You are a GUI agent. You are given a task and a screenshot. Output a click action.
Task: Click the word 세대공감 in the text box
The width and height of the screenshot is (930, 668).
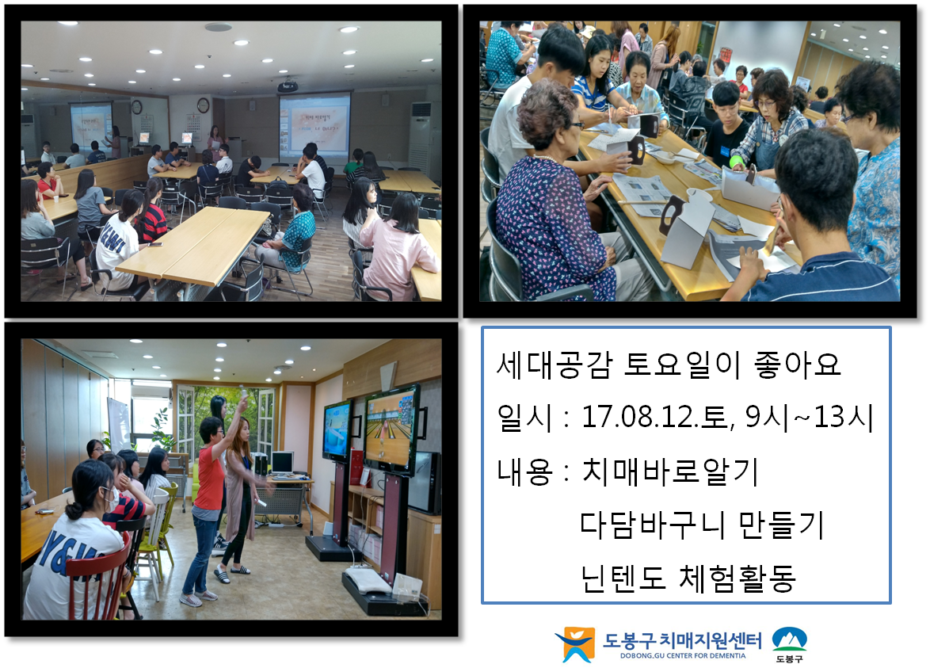point(554,365)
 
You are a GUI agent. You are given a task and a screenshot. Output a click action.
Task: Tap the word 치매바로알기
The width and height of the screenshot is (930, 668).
point(670,471)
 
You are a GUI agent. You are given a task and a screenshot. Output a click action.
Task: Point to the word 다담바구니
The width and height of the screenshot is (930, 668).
point(650,525)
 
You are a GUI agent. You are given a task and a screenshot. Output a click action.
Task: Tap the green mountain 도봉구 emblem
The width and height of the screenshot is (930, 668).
point(790,639)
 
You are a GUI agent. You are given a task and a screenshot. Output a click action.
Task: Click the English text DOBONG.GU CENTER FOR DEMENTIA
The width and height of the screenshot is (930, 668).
point(683,655)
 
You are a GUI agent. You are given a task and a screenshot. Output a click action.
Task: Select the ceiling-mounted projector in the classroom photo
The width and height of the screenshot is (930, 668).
point(288,86)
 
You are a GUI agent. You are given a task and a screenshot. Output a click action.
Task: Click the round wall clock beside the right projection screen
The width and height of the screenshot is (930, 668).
point(203,105)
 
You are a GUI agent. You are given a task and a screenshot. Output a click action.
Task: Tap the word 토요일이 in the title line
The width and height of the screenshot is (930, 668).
point(682,365)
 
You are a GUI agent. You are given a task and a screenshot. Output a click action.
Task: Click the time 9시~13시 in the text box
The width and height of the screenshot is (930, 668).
point(809,417)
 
